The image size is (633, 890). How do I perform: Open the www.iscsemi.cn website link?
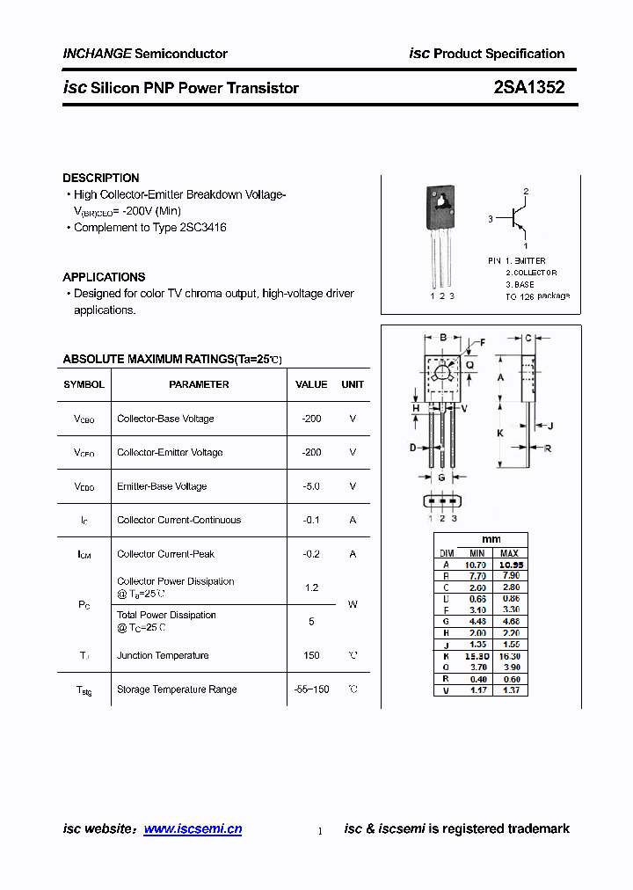click(x=193, y=829)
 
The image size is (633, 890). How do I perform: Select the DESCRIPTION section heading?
click(x=101, y=178)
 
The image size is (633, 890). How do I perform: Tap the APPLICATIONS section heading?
click(x=104, y=277)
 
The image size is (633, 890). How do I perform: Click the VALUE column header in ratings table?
click(x=311, y=384)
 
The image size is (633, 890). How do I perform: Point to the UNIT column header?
click(x=353, y=384)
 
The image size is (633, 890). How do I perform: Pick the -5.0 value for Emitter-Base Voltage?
click(x=311, y=486)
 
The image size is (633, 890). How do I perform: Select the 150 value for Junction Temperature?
click(x=311, y=655)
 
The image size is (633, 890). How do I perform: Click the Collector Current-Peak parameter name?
click(x=165, y=554)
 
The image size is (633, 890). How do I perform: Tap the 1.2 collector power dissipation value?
click(x=311, y=587)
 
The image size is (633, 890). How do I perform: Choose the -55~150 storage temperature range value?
click(x=311, y=689)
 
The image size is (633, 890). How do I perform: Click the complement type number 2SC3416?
click(x=203, y=228)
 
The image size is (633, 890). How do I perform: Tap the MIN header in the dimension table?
click(x=476, y=553)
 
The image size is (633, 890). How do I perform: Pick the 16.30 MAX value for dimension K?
click(x=510, y=656)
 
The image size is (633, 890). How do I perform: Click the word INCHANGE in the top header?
click(x=97, y=54)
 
